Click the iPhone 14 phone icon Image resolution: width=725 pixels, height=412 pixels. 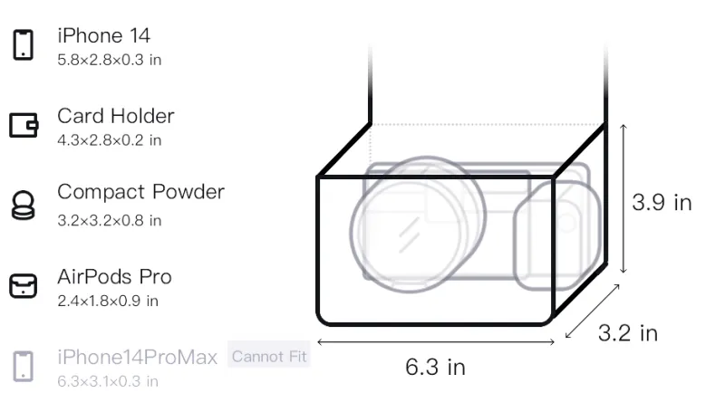pos(24,44)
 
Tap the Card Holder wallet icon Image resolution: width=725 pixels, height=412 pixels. pos(24,125)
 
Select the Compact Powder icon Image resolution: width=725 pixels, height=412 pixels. pos(24,205)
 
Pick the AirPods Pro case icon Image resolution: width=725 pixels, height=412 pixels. pos(24,285)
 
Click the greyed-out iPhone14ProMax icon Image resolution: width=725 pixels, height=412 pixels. pos(24,367)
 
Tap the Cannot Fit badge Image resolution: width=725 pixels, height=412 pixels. pos(268,356)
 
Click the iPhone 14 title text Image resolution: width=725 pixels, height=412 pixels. pos(103,35)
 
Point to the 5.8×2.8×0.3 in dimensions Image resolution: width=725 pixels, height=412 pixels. pos(109,60)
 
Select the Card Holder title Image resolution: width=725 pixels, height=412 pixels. pos(116,116)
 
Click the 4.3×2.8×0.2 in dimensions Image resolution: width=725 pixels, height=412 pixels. pos(109,140)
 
